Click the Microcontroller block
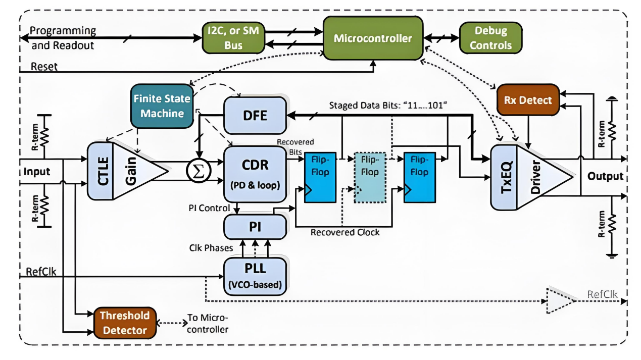pyautogui.click(x=373, y=38)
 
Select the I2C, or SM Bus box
pyautogui.click(x=234, y=38)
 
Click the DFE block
pyautogui.click(x=255, y=116)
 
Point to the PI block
pyautogui.click(x=255, y=227)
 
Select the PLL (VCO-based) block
pyautogui.click(x=255, y=275)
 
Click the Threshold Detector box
pyautogui.click(x=124, y=323)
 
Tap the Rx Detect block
pyautogui.click(x=528, y=100)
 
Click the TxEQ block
pyautogui.click(x=504, y=177)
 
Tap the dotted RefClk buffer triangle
pyautogui.click(x=559, y=301)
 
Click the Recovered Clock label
pyautogui.click(x=345, y=232)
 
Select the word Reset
pyautogui.click(x=44, y=66)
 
